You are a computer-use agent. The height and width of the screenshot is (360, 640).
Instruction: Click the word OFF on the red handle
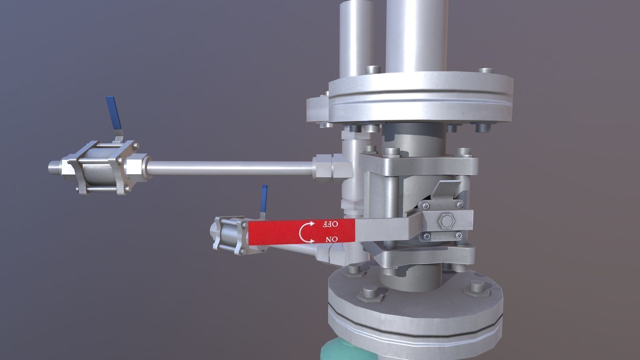[330, 224]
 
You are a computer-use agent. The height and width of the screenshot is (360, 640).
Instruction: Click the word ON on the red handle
[332, 239]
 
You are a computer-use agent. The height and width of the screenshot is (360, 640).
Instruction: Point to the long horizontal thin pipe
[230, 168]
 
